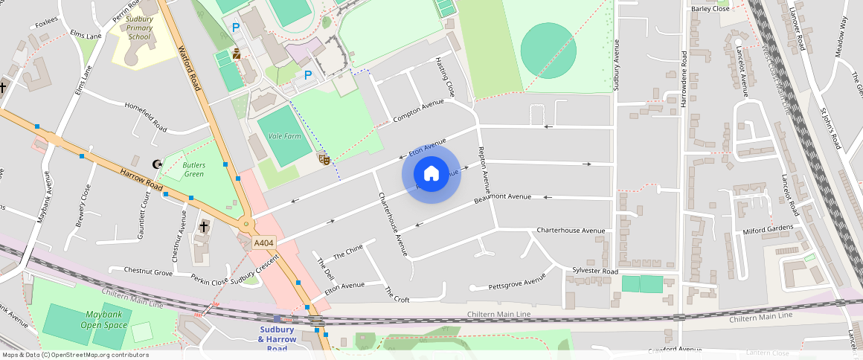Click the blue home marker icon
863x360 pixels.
click(431, 174)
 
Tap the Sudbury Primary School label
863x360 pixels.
click(139, 28)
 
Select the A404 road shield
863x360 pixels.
click(263, 243)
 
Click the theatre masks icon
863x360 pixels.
click(324, 158)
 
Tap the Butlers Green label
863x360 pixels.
click(193, 170)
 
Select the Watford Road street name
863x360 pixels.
click(190, 68)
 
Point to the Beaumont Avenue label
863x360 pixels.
click(503, 199)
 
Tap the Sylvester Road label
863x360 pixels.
click(595, 271)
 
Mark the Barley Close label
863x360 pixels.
click(710, 9)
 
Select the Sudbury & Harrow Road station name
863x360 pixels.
click(277, 339)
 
